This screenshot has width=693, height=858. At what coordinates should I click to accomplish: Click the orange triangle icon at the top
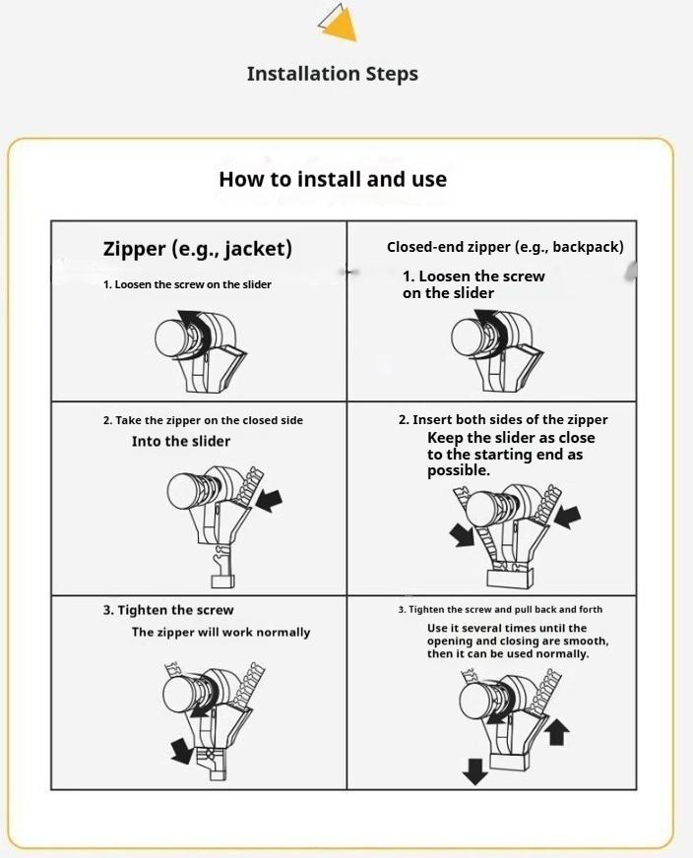click(340, 25)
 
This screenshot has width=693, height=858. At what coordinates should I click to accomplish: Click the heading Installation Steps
click(332, 74)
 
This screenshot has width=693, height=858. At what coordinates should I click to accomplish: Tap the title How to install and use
click(332, 179)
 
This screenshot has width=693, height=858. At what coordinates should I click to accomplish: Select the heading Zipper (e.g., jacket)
click(197, 248)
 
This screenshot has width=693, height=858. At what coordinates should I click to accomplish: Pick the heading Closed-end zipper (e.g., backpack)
click(504, 247)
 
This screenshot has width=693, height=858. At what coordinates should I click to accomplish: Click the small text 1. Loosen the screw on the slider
click(187, 284)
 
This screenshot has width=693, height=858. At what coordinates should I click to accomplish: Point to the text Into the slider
click(180, 441)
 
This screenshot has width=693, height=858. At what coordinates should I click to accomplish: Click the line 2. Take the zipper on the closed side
click(203, 420)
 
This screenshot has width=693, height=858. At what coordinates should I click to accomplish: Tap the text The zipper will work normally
click(220, 632)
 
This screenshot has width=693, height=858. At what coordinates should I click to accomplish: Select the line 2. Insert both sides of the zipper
click(503, 420)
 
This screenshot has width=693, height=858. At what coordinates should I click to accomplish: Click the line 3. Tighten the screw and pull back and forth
click(500, 610)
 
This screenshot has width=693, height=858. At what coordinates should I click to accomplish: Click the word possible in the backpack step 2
click(458, 471)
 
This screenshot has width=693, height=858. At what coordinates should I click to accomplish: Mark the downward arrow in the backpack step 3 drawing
click(475, 769)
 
